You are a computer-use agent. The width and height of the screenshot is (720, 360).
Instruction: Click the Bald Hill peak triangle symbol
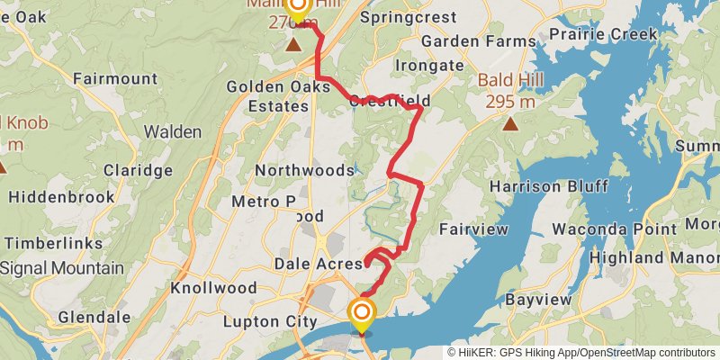[511, 123]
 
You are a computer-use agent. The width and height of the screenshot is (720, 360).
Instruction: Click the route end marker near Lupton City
[362, 314]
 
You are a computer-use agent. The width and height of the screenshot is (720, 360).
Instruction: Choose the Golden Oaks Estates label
[267, 95]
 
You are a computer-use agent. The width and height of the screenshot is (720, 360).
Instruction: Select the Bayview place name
[538, 298]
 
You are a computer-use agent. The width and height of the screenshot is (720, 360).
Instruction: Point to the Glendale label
[88, 317]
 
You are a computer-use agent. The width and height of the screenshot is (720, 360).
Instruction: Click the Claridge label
[138, 170]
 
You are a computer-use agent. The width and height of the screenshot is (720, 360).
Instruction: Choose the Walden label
[173, 131]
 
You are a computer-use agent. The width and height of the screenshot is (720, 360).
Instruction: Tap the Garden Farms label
[464, 41]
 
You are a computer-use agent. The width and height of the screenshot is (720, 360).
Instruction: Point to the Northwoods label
[304, 170]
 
